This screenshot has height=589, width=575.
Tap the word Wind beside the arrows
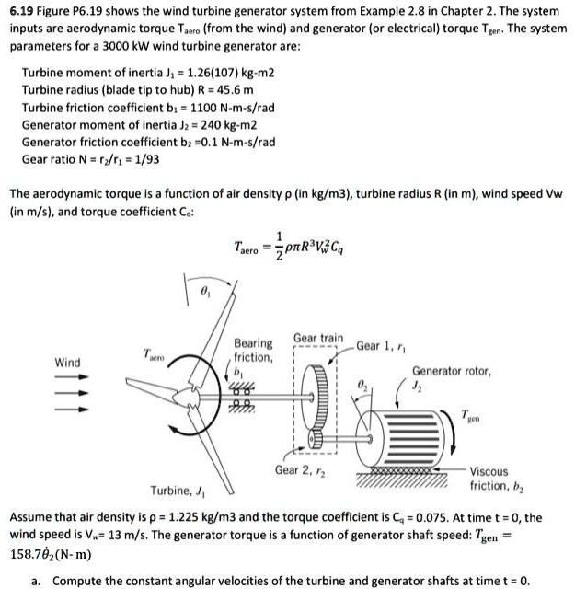tap(67, 362)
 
